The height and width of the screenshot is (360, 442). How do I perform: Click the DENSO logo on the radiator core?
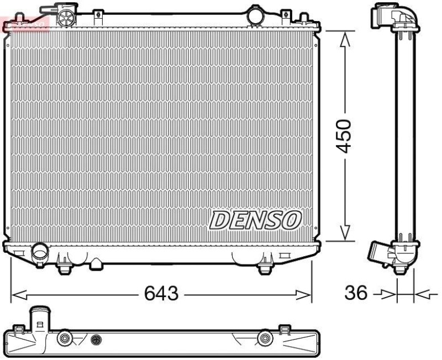[x=255, y=220]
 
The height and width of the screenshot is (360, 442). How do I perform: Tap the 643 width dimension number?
[x=161, y=294]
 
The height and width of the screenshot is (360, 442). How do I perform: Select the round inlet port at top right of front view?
[x=256, y=15]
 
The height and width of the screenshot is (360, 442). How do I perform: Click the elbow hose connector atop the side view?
[x=396, y=15]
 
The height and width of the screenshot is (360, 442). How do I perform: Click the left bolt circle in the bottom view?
[x=65, y=337]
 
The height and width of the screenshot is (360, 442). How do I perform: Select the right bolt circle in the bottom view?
[x=266, y=337]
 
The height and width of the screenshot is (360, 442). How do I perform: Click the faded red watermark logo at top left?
[x=25, y=23]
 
